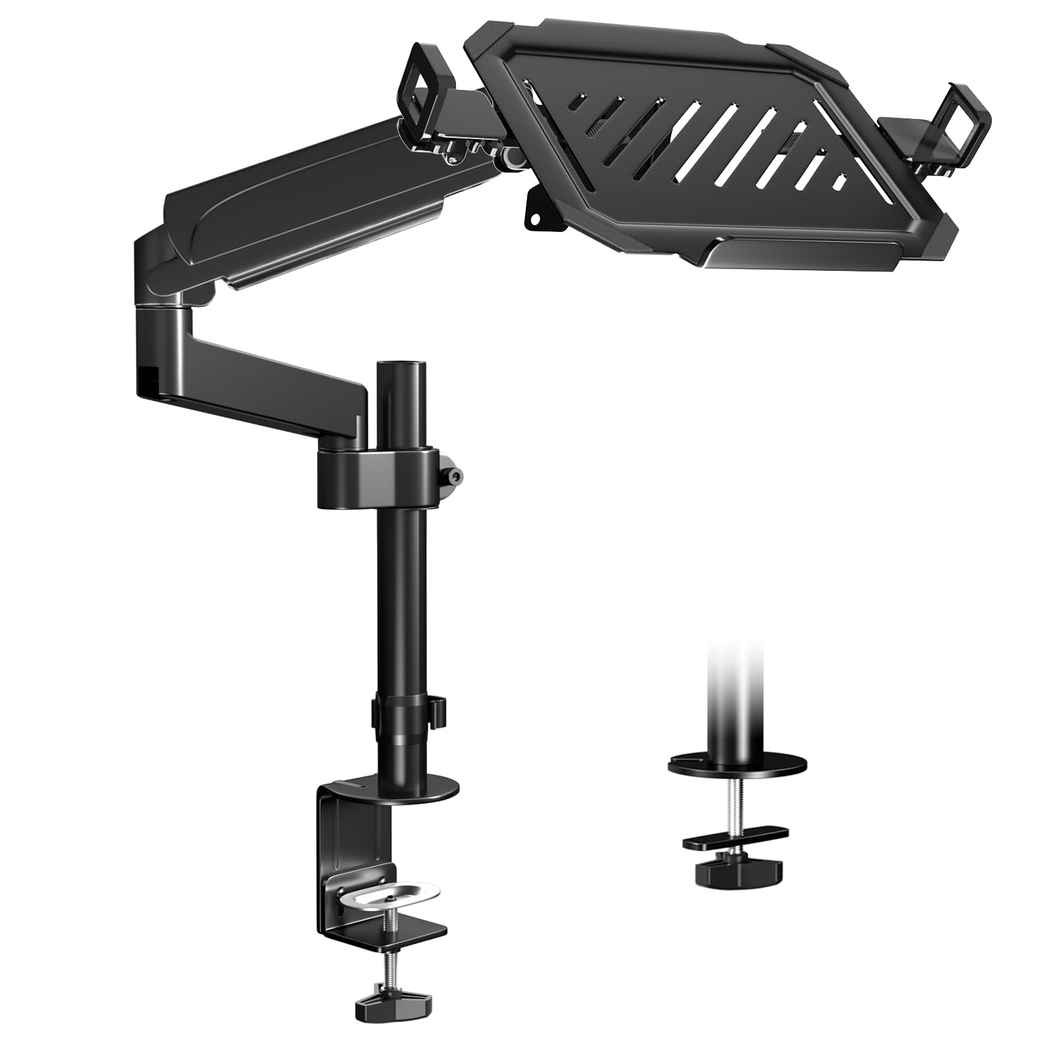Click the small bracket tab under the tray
click(538, 206)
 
